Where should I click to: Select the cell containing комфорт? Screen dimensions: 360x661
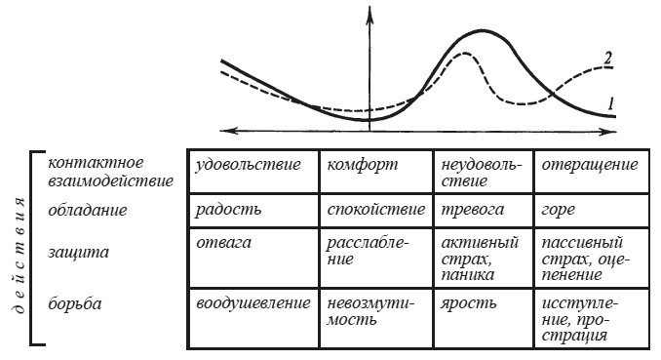pyautogui.click(x=357, y=165)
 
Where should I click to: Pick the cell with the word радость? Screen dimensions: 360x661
pyautogui.click(x=229, y=210)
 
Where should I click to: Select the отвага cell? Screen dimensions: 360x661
pyautogui.click(x=221, y=242)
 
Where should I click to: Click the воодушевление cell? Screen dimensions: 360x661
pyautogui.click(x=252, y=302)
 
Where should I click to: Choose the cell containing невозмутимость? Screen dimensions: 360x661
pyautogui.click(x=367, y=311)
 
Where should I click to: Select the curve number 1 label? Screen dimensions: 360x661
pyautogui.click(x=609, y=101)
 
